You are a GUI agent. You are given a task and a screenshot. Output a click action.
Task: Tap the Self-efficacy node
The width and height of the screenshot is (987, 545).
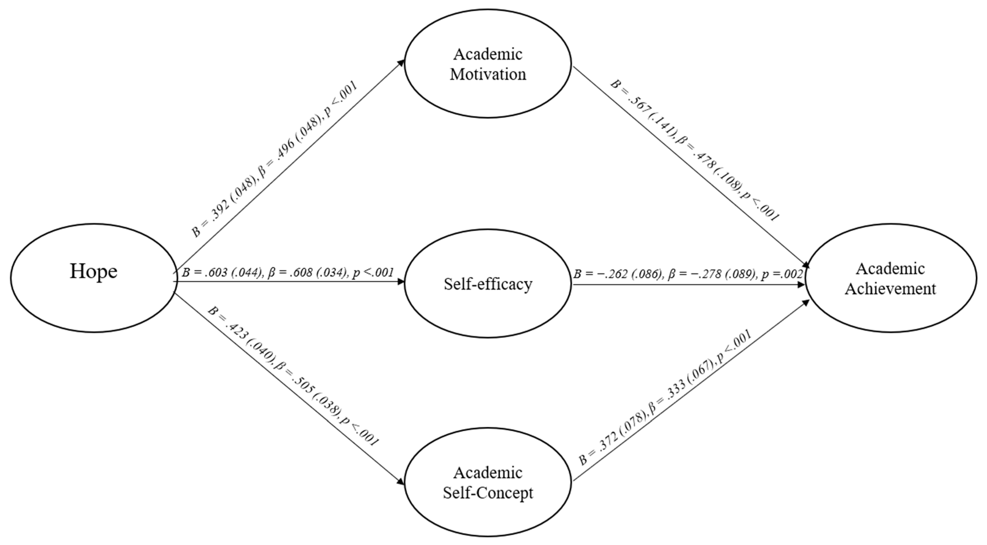click(488, 284)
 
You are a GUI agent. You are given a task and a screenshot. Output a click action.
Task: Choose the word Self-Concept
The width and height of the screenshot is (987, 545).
click(488, 492)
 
